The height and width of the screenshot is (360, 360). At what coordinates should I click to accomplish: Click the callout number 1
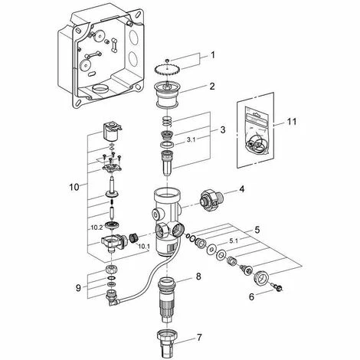tap(212, 55)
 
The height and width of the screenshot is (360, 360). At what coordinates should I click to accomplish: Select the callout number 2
tap(212, 87)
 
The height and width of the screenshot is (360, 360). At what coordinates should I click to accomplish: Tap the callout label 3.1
tap(191, 140)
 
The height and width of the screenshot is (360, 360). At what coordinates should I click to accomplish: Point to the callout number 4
tap(241, 189)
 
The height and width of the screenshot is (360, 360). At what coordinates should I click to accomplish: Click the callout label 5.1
tap(234, 241)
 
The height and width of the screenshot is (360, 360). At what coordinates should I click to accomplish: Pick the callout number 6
tap(252, 297)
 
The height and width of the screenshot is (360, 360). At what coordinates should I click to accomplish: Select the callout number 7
tap(199, 338)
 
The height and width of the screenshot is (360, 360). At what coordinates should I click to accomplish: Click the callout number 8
tap(198, 277)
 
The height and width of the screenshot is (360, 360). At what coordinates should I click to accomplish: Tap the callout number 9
tap(78, 288)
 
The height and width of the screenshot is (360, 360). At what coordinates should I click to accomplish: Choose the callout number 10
tap(74, 188)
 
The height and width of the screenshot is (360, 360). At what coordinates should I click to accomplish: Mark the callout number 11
tap(292, 122)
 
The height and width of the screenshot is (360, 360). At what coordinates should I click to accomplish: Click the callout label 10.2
tap(97, 227)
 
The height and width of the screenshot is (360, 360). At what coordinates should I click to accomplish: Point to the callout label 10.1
tap(144, 247)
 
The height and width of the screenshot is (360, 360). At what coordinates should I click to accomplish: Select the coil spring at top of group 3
tap(167, 121)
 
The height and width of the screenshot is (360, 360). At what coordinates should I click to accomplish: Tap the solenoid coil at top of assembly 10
tap(112, 132)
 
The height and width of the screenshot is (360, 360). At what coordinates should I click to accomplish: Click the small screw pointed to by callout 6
tap(277, 286)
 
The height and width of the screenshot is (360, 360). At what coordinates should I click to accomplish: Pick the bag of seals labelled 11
tap(257, 133)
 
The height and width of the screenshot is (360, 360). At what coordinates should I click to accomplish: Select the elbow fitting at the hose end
tap(111, 298)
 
